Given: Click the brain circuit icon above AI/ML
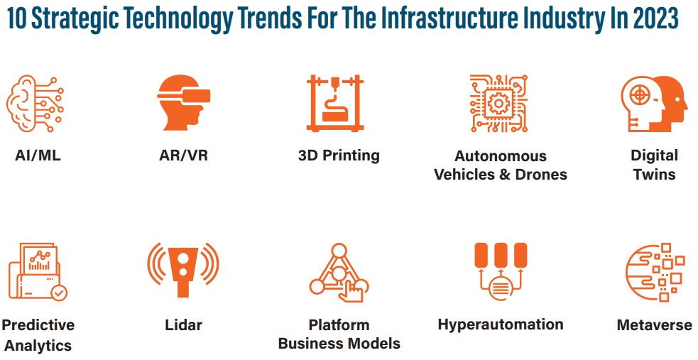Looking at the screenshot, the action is (x=35, y=103).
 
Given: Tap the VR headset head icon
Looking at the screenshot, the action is (x=183, y=103).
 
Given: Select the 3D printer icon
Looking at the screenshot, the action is (x=335, y=103).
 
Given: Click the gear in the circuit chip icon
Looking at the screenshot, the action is (x=498, y=104).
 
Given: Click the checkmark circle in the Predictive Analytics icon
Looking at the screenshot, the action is (x=59, y=293).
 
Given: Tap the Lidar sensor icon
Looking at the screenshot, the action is (x=183, y=270).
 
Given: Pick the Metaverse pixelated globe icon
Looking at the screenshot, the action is (x=655, y=273).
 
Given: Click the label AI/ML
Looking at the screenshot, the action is (x=38, y=156).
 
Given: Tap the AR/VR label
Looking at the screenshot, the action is (x=183, y=156).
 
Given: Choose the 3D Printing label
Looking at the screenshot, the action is (x=339, y=156).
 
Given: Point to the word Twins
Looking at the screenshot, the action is (x=655, y=175).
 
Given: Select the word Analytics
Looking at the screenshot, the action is (x=38, y=346).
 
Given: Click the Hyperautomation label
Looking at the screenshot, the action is (x=501, y=324).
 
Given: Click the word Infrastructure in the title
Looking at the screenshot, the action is (x=449, y=18).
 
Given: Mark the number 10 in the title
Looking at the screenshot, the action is (x=17, y=18).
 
